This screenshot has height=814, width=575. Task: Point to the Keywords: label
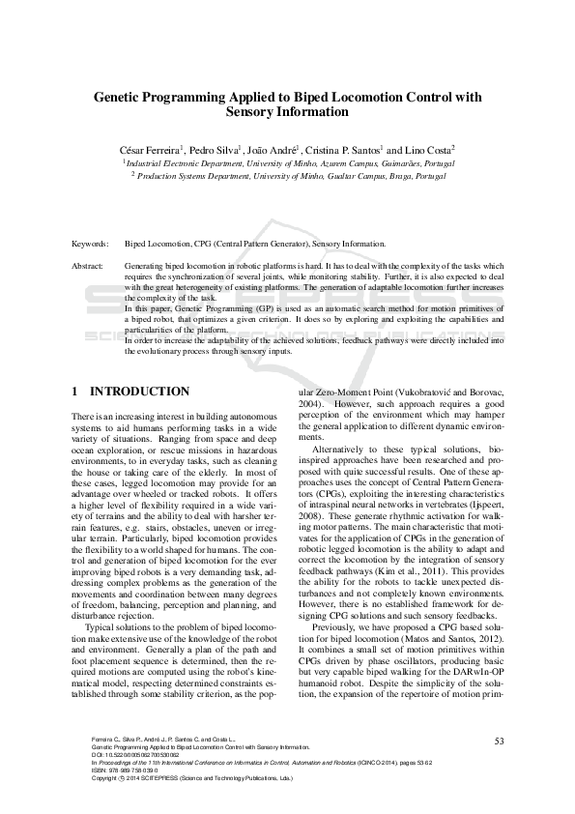pyautogui.click(x=90, y=245)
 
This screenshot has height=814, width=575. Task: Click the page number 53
pyautogui.click(x=499, y=741)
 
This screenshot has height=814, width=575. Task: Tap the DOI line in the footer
pyautogui.click(x=123, y=755)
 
